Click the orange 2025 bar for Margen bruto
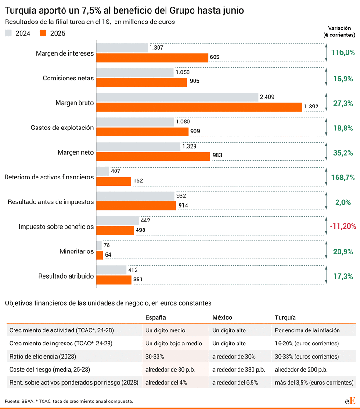(199, 107)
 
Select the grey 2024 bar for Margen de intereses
(122, 48)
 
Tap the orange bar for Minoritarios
(100, 255)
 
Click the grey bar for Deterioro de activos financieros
(103, 172)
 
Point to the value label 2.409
(267, 97)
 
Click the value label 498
(140, 230)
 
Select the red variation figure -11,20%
(343, 226)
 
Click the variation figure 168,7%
(343, 178)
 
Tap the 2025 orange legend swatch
(43, 33)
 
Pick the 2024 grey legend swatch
(8, 33)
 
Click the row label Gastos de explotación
(62, 128)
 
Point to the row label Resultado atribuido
(66, 276)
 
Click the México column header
(222, 317)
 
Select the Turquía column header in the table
(285, 317)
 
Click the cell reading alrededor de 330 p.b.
(238, 370)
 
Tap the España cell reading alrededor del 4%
(166, 383)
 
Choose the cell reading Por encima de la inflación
(307, 330)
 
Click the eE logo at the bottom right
(350, 401)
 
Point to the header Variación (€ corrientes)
(339, 32)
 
